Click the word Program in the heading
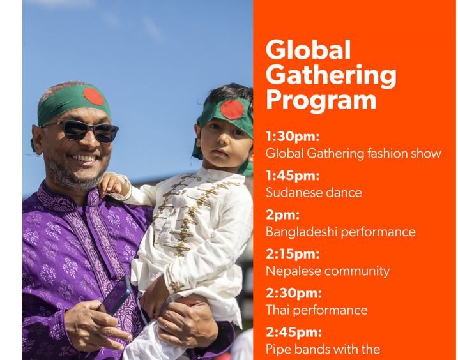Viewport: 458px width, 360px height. (321, 101)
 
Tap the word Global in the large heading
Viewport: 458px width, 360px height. (308, 50)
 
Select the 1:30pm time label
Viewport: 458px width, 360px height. (293, 137)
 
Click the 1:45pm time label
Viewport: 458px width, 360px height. (293, 176)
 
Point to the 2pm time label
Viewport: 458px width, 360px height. (282, 215)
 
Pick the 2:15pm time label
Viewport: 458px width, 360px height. (293, 253)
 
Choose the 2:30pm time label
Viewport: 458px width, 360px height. (294, 293)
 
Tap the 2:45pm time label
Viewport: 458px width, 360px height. (294, 332)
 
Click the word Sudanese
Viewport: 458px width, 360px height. (293, 193)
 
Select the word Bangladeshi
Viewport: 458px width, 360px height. (301, 232)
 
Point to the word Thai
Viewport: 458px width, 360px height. (277, 310)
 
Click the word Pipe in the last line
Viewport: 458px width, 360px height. (278, 350)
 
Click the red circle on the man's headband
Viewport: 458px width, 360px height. (94, 96)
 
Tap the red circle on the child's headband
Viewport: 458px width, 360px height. (233, 110)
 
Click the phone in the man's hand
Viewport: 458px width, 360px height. (116, 296)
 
